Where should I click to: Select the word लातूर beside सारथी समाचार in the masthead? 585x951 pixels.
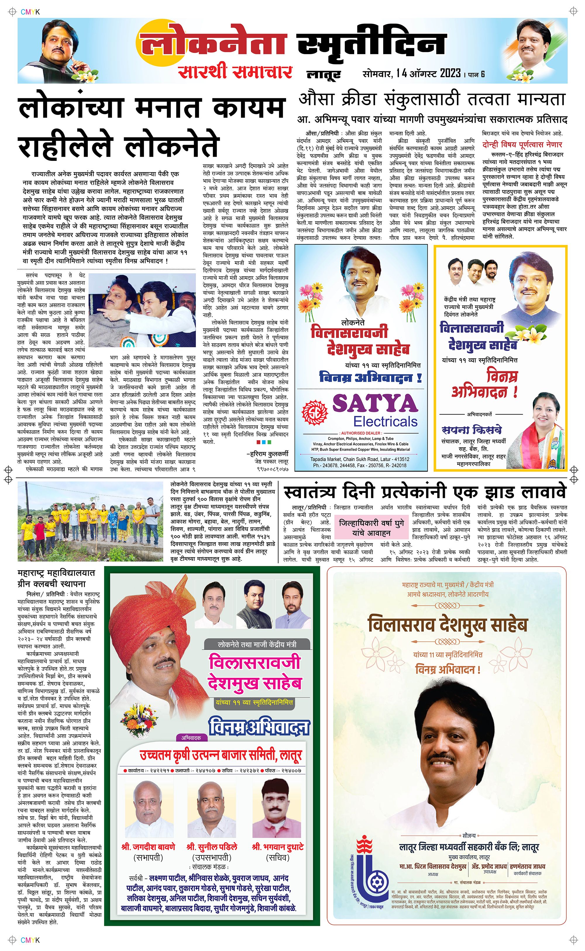point(324,74)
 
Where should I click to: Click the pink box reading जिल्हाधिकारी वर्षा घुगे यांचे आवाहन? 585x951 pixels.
point(371,528)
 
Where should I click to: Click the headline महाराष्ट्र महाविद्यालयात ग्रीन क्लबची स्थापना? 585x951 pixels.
point(56,578)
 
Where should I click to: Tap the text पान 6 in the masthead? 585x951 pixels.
point(477,74)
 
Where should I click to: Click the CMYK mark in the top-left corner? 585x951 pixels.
point(30,12)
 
